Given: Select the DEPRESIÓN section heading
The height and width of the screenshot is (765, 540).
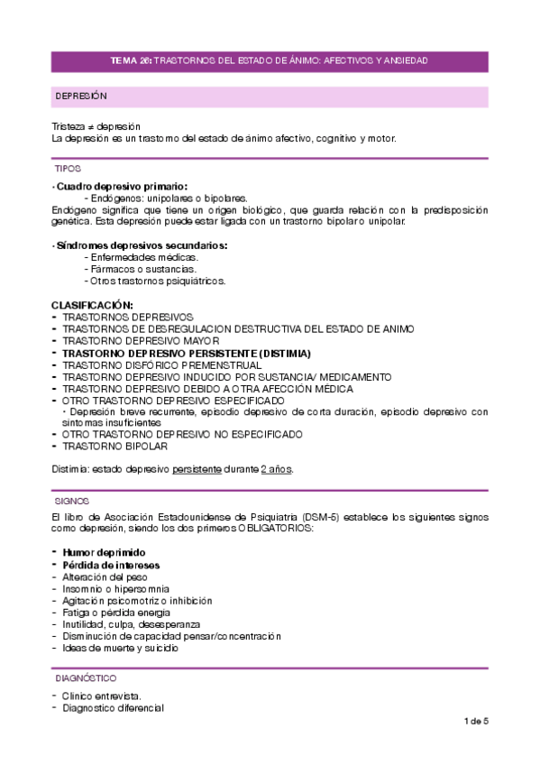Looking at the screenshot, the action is (x=81, y=96).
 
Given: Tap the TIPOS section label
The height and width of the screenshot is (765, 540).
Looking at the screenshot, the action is (x=68, y=169).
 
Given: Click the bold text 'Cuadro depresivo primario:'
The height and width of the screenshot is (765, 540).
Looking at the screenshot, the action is (x=121, y=186).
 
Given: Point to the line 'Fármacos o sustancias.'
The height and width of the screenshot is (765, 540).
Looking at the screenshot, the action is (x=139, y=269).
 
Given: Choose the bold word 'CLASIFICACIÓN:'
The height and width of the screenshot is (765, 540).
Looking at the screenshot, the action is (x=92, y=306).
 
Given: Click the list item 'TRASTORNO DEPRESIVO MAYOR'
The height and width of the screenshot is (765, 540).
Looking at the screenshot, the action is (x=141, y=342).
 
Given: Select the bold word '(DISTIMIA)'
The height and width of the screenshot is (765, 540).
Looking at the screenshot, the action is (x=283, y=354).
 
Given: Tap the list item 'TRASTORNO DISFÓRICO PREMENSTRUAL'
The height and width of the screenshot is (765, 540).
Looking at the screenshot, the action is (x=156, y=365).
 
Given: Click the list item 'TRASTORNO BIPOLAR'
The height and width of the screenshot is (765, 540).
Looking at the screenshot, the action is (x=115, y=446).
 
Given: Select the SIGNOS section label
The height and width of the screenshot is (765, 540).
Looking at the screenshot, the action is (x=71, y=500).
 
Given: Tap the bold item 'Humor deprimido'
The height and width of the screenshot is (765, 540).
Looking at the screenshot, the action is (x=104, y=552).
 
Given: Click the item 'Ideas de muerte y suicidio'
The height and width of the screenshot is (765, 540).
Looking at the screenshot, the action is (x=120, y=648).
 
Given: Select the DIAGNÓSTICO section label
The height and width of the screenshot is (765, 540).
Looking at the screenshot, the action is (x=85, y=677).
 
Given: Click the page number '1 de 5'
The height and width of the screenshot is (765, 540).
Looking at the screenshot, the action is (x=475, y=721).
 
